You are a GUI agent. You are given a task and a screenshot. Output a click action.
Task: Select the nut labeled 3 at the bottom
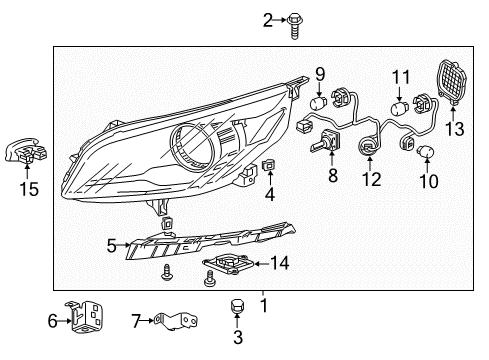coord(238,308)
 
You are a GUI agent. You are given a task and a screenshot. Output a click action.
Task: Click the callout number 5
coord(112,243)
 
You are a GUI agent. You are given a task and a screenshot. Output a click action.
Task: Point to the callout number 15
coord(30,187)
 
